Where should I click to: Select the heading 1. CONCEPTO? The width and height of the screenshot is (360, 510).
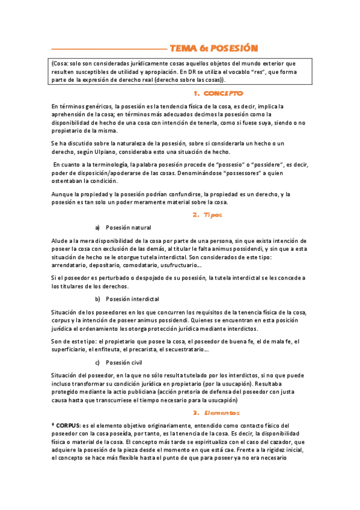[219, 93]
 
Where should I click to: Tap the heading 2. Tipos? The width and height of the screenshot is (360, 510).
[207, 214]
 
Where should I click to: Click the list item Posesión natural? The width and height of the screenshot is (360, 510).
[129, 228]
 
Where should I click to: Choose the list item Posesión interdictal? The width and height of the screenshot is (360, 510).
[132, 299]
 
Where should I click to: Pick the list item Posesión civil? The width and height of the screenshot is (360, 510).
[124, 362]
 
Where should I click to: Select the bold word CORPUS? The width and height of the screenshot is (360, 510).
[68, 425]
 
